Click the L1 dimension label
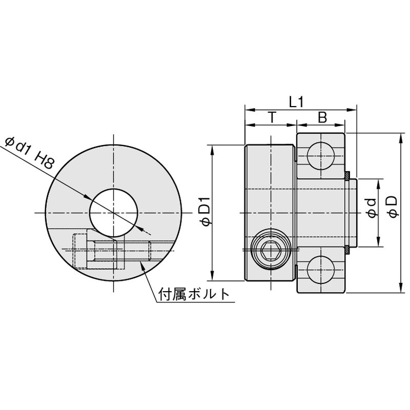click(296, 102)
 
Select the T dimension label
click(272, 117)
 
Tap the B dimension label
click(322, 117)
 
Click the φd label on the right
click(371, 208)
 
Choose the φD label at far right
click(393, 207)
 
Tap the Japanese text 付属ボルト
click(194, 294)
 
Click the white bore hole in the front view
click(113, 213)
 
